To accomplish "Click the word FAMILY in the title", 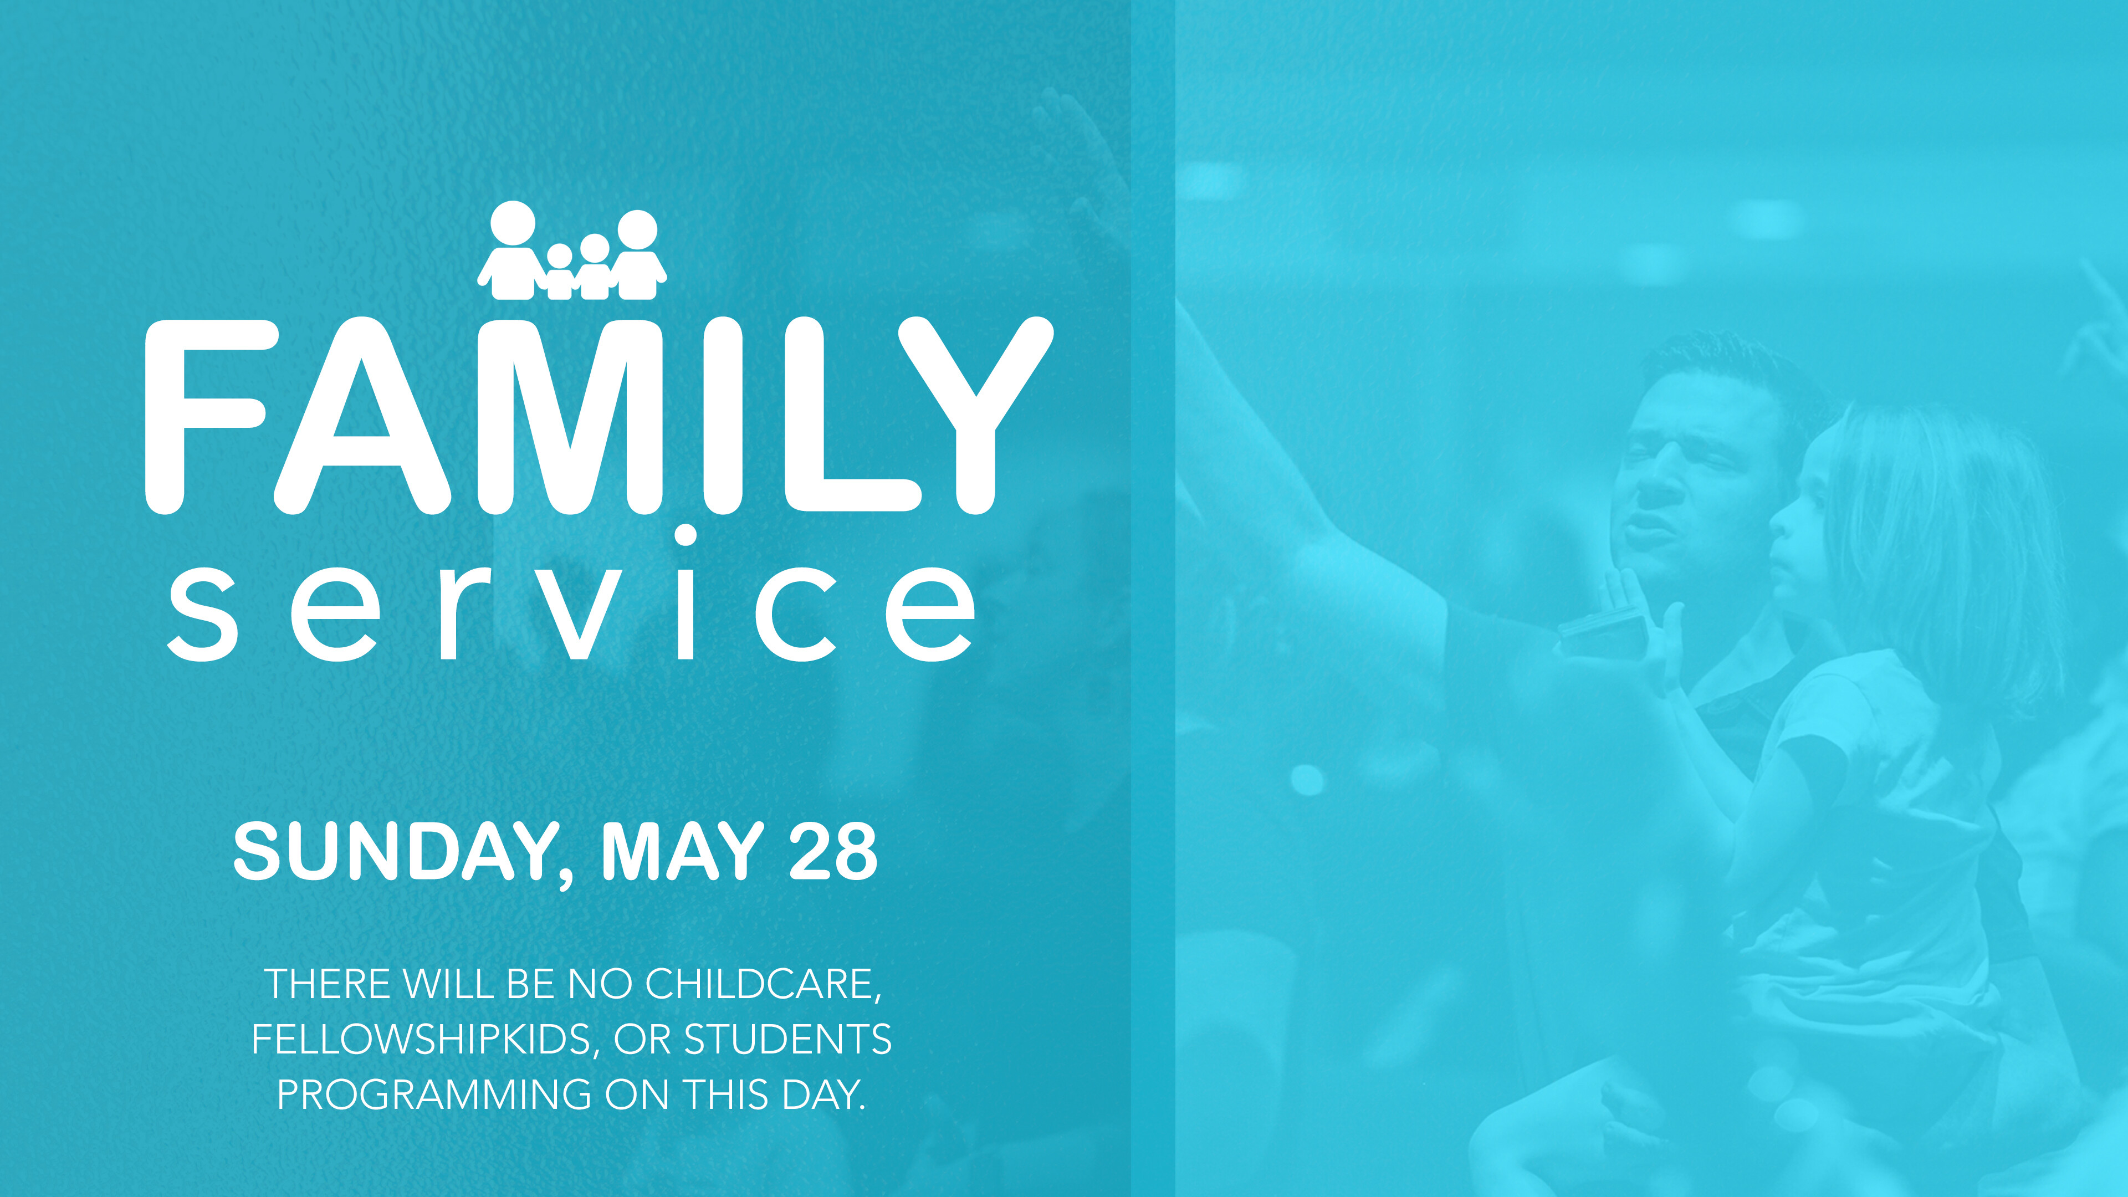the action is [599, 416].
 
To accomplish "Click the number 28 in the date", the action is [833, 852].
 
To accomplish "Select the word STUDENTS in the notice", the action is [788, 1039].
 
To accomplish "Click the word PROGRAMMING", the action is [434, 1094].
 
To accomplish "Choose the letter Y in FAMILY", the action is [975, 416].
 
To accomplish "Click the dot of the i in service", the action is [685, 534].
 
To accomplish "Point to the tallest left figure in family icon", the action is [512, 250].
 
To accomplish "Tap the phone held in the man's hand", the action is [1603, 632].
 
